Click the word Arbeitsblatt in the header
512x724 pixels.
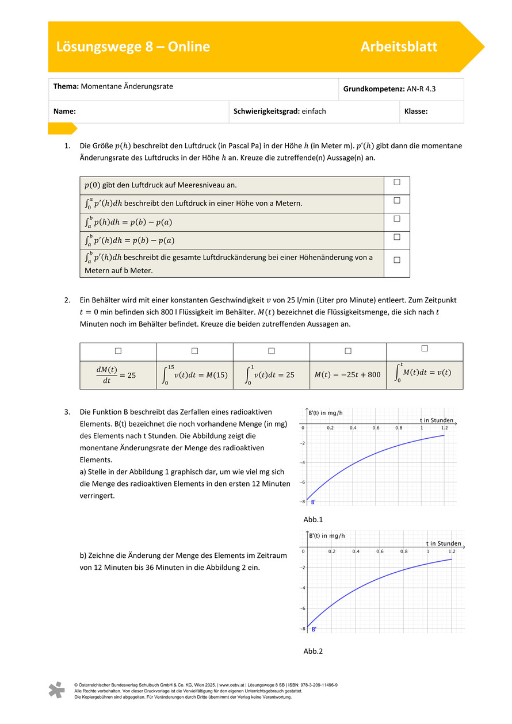point(399,47)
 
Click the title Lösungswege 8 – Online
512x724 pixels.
point(133,47)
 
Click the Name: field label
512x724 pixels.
point(65,112)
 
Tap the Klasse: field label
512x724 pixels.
point(416,112)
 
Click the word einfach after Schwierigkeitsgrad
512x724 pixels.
point(314,112)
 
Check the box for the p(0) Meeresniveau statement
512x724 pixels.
point(397,182)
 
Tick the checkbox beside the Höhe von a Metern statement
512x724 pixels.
point(397,201)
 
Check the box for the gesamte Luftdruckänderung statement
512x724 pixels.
point(397,260)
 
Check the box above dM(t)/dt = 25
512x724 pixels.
point(118,350)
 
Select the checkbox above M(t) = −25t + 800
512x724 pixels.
point(348,350)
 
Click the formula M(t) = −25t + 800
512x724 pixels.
point(347,374)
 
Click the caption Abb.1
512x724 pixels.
point(313,519)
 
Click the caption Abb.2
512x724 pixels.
point(313,651)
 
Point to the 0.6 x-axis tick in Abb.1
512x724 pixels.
point(376,428)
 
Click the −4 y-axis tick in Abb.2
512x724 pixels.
point(303,588)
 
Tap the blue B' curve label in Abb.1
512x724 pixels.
point(313,502)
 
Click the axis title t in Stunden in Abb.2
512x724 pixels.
point(444,543)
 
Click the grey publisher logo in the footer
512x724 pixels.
point(56,689)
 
